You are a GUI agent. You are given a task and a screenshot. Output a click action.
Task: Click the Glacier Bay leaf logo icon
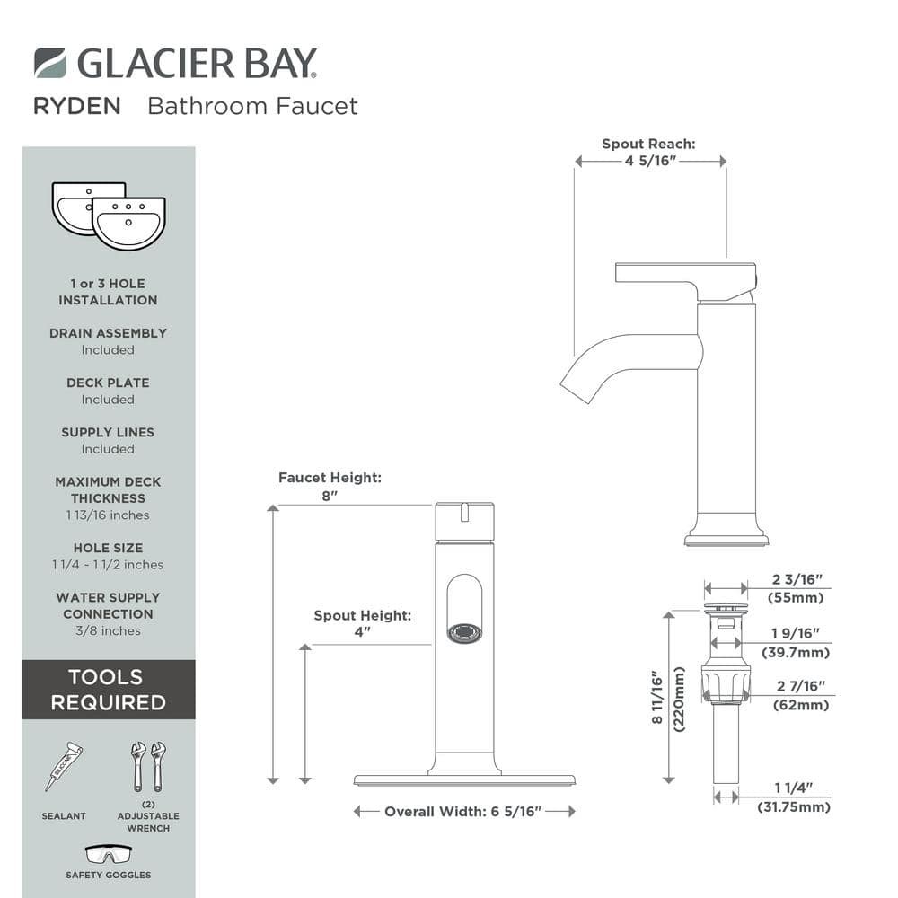[50, 63]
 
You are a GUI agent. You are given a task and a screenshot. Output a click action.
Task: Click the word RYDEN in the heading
[77, 107]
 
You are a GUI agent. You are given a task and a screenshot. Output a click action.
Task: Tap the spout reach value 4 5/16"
[650, 161]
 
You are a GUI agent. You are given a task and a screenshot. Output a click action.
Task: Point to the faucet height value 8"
[330, 496]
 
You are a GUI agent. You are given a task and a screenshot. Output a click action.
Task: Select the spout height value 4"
[363, 632]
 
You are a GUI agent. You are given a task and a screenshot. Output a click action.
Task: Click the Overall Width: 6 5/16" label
[463, 812]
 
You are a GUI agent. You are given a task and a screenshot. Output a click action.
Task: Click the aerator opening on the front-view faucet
[464, 633]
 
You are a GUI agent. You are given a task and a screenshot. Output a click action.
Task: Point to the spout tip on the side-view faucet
[575, 393]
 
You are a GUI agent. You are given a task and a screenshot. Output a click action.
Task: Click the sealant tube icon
[64, 766]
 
